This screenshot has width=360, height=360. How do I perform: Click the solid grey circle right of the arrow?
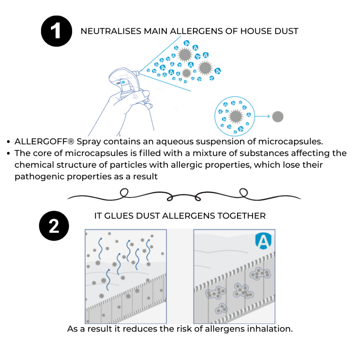coord(278,116)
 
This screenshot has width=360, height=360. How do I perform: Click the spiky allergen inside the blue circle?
coord(235,116)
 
